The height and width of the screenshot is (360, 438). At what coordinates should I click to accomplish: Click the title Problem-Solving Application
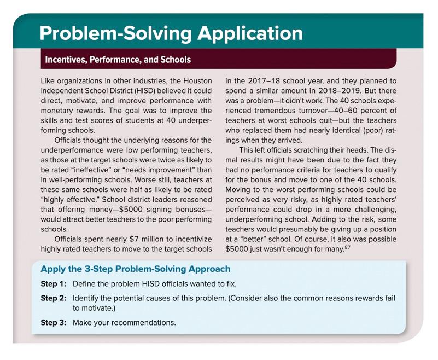coord(171,34)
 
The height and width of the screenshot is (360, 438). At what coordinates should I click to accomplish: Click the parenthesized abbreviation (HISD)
coord(145,91)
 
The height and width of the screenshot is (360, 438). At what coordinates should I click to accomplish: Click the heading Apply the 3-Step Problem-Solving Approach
coord(135,269)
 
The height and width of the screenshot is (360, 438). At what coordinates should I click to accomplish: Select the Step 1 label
coord(53,284)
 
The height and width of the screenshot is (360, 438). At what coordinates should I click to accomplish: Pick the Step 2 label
coord(53,298)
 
